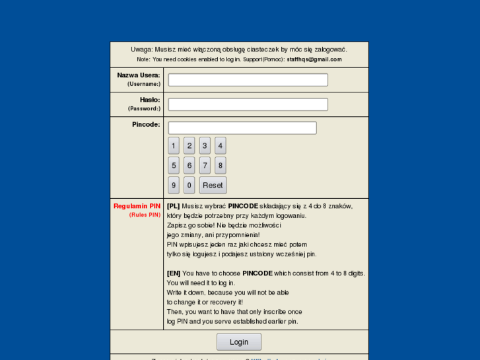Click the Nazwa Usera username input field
click(248, 80)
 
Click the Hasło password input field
click(248, 104)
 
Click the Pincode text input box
click(242, 128)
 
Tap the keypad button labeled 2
click(189, 146)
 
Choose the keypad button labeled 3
click(205, 146)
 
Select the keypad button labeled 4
click(221, 146)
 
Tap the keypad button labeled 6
click(189, 165)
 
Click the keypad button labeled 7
click(205, 165)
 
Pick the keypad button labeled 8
click(221, 165)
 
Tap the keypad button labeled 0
click(189, 185)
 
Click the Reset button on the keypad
click(213, 185)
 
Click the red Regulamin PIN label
click(137, 206)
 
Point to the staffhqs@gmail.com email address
click(314, 59)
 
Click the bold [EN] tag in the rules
click(174, 273)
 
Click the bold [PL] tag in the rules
click(174, 206)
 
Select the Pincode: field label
click(146, 124)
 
